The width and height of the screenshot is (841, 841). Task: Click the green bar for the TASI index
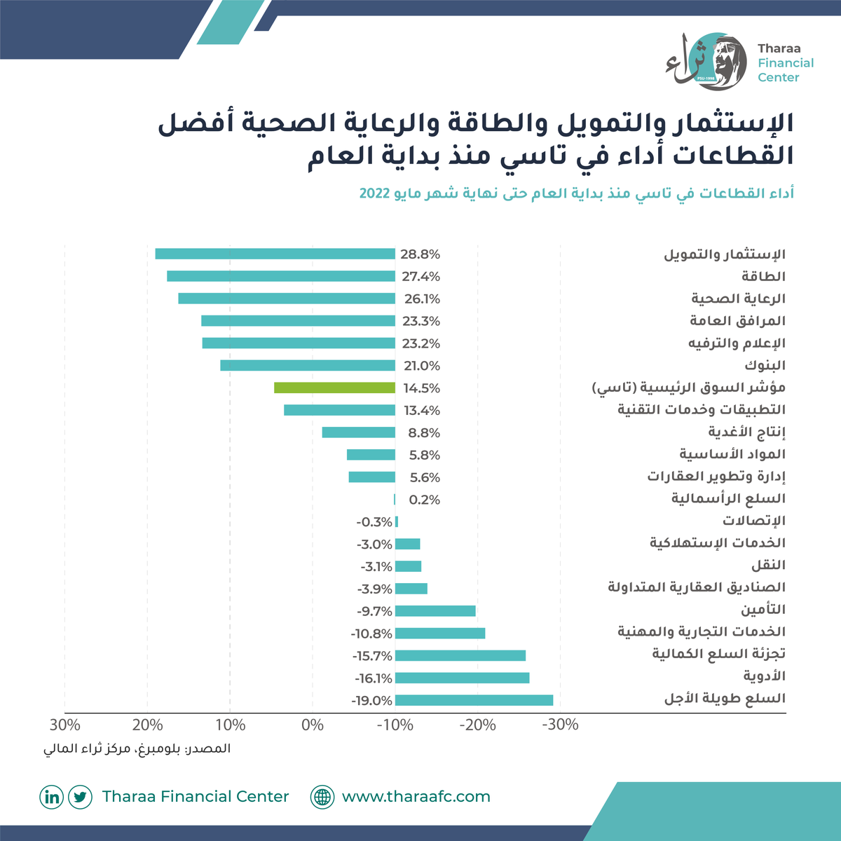(x=334, y=388)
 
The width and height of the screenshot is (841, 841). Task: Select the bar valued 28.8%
(x=275, y=254)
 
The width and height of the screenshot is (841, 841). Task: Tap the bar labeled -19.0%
(x=474, y=700)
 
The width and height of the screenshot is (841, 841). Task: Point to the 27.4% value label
(x=420, y=276)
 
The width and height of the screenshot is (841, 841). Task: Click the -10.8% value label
(x=371, y=634)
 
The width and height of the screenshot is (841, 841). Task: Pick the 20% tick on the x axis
(x=147, y=725)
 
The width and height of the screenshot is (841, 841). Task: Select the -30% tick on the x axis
(x=560, y=725)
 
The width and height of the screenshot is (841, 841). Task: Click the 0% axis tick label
(x=313, y=725)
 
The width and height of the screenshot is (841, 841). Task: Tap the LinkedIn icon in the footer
(x=51, y=796)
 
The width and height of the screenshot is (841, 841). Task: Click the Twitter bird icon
(x=81, y=796)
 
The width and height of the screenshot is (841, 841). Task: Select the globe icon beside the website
(x=322, y=796)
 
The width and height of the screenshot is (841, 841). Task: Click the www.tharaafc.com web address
(x=416, y=796)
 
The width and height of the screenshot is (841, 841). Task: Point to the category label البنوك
(x=765, y=365)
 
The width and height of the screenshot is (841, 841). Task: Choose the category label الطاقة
(x=763, y=276)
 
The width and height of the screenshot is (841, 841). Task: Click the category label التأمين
(x=763, y=609)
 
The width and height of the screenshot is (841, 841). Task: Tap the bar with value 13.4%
(x=339, y=410)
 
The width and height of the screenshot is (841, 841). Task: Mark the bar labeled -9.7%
(x=435, y=610)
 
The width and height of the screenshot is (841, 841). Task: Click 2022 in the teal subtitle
(x=374, y=193)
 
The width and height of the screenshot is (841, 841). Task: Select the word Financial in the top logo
(x=786, y=63)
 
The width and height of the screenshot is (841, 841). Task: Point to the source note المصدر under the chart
(x=209, y=748)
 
